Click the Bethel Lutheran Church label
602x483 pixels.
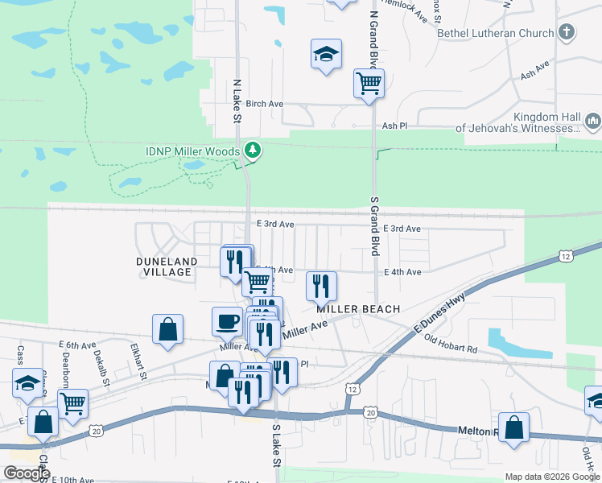click(x=495, y=33)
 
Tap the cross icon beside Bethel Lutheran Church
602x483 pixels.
click(x=567, y=33)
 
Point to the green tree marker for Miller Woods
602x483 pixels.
click(x=253, y=151)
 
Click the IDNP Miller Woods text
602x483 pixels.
click(x=192, y=151)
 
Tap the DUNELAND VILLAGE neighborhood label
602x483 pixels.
click(x=164, y=266)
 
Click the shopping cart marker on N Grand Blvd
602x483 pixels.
click(x=369, y=83)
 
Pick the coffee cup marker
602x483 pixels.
click(x=226, y=321)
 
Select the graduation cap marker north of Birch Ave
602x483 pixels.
click(x=325, y=55)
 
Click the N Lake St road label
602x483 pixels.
click(x=237, y=101)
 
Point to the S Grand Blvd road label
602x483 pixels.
click(x=374, y=225)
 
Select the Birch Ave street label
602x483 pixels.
click(x=265, y=104)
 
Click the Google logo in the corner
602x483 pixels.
click(x=27, y=473)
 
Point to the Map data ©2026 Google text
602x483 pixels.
click(x=552, y=476)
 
